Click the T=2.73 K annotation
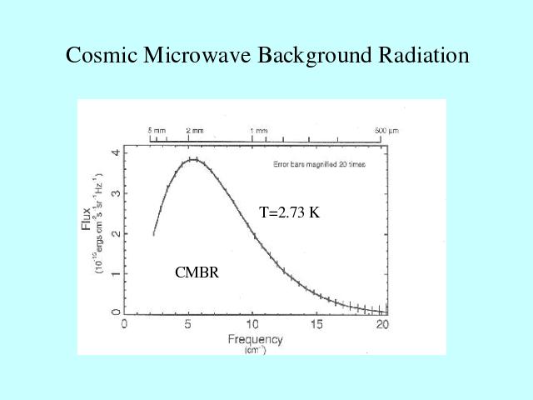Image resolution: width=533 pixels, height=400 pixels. tap(289, 212)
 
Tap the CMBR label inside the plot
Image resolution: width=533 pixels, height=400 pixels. tap(197, 272)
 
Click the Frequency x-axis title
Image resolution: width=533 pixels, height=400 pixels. tap(255, 340)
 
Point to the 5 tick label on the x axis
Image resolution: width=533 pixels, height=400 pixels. tap(188, 324)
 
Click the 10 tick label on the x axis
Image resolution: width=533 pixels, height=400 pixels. tap(252, 324)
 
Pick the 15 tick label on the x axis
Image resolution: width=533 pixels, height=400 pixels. tap(316, 324)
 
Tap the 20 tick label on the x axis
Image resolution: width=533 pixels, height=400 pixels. tap(381, 324)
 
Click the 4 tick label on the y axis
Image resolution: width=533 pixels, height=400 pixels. tap(116, 153)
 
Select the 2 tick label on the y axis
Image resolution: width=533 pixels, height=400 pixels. tap(116, 233)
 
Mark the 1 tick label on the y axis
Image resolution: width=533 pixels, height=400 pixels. tap(116, 273)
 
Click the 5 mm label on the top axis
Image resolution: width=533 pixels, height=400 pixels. tap(157, 132)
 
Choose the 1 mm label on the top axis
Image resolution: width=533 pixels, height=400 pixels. tap(258, 132)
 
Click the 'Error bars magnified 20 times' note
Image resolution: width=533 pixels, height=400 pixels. tap(319, 164)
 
